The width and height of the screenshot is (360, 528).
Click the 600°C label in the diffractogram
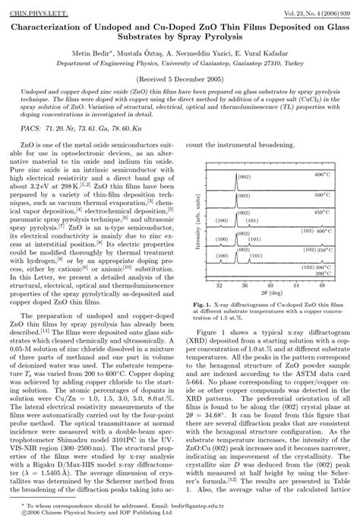point(324,175)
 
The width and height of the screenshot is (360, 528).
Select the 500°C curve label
point(324,194)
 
